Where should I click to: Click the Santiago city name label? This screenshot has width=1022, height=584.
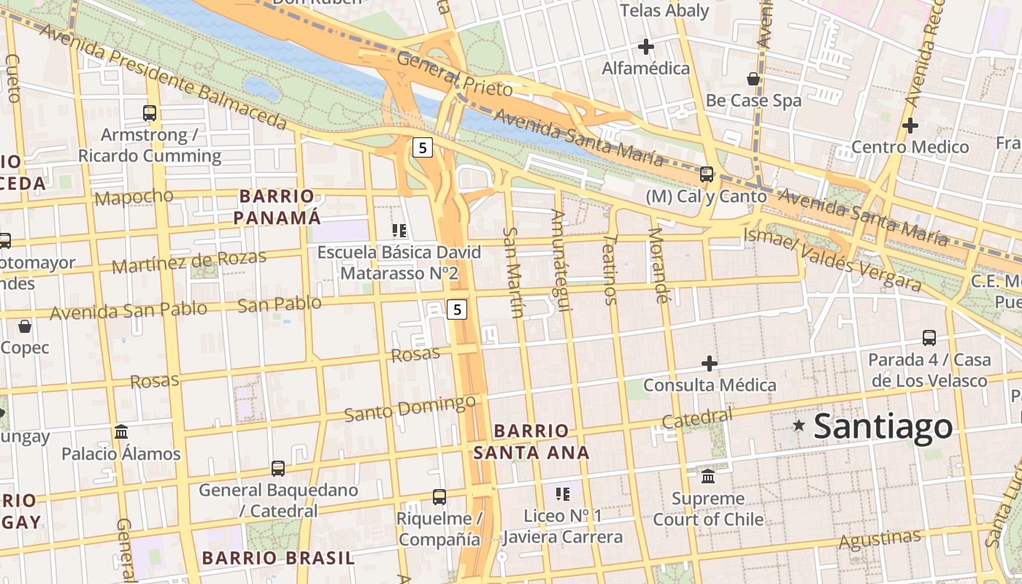click(x=883, y=426)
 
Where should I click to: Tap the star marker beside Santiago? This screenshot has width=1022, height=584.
click(x=799, y=425)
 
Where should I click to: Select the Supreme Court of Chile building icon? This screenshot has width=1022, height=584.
click(x=707, y=477)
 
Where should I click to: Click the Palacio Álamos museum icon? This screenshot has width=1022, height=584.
click(x=121, y=431)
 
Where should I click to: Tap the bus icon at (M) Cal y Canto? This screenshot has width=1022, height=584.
click(x=706, y=174)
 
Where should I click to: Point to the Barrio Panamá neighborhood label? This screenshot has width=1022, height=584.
click(x=277, y=207)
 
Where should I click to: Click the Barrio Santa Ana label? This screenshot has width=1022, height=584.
click(x=531, y=442)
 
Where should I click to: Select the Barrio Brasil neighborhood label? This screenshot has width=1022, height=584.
click(x=277, y=558)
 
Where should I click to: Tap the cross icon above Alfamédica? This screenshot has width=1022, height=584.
click(x=645, y=47)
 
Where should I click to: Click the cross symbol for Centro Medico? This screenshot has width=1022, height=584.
click(x=910, y=125)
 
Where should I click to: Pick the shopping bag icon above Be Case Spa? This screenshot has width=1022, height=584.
click(x=753, y=79)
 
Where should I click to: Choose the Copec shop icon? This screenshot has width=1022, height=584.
click(x=25, y=326)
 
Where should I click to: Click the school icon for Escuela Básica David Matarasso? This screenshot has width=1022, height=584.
click(x=399, y=231)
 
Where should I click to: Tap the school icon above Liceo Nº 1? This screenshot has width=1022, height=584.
click(x=562, y=494)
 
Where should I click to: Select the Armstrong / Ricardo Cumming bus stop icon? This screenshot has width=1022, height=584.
click(x=150, y=113)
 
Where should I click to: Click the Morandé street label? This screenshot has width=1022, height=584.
click(x=658, y=265)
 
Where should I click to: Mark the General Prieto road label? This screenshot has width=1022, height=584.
click(x=455, y=74)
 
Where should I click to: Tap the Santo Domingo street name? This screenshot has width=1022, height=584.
click(x=410, y=408)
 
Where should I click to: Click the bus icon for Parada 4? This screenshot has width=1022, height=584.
click(x=929, y=338)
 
